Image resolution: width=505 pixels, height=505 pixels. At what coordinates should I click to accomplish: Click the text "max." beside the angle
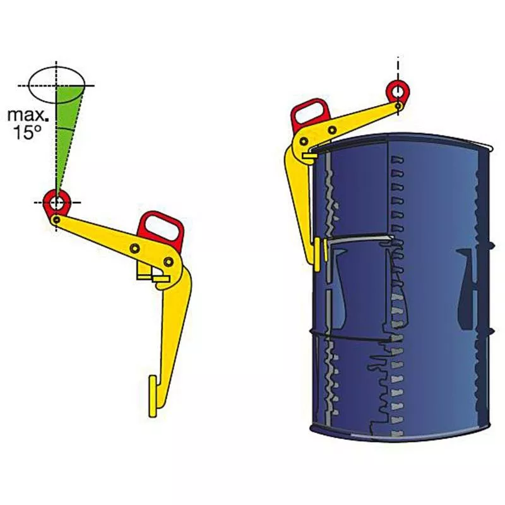pyautogui.click(x=26, y=115)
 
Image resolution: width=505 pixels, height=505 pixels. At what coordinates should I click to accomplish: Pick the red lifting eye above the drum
pyautogui.click(x=398, y=92)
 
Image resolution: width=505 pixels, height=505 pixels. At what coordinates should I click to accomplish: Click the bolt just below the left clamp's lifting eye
pyautogui.click(x=57, y=220)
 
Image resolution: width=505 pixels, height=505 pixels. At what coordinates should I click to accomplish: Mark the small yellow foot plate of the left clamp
pyautogui.click(x=152, y=395)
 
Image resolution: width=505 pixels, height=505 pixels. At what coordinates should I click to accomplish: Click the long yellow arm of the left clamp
pyautogui.click(x=101, y=237)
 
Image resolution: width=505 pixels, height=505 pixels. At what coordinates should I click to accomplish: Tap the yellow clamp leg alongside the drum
pyautogui.click(x=300, y=202)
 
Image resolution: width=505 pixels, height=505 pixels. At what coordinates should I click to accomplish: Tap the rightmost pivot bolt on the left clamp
pyautogui.click(x=169, y=261)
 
